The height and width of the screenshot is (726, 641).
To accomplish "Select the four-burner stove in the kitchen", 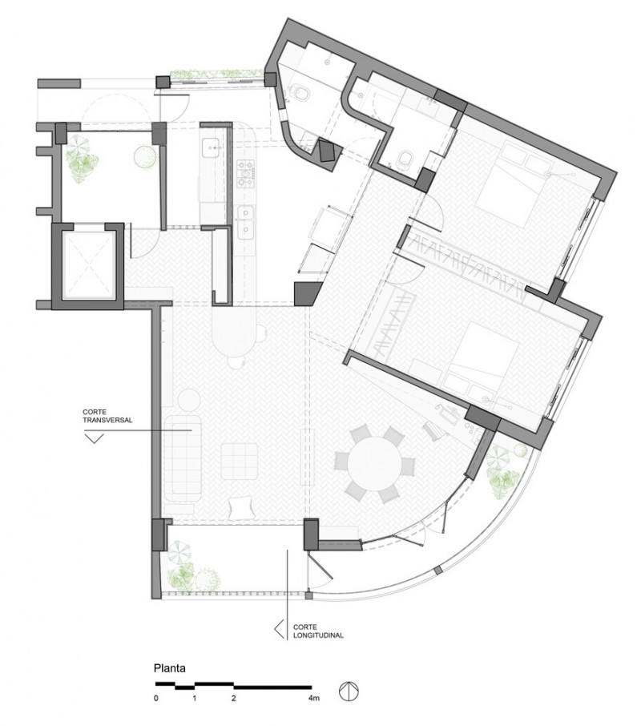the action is (x=245, y=174).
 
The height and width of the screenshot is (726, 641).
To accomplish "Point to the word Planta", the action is (x=170, y=668).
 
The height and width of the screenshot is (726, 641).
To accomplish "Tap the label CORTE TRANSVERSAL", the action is (x=107, y=416).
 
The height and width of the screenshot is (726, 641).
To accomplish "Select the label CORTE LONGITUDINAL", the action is (x=318, y=631).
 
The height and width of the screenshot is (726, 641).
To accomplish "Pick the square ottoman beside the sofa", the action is (x=240, y=461).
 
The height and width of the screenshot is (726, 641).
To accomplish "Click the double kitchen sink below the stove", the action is (x=246, y=222).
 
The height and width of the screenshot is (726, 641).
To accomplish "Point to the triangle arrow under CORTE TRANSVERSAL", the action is (x=94, y=438).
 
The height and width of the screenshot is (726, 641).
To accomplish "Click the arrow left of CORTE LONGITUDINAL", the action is (x=279, y=629).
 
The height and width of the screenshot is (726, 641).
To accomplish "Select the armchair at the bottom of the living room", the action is (x=241, y=506).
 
